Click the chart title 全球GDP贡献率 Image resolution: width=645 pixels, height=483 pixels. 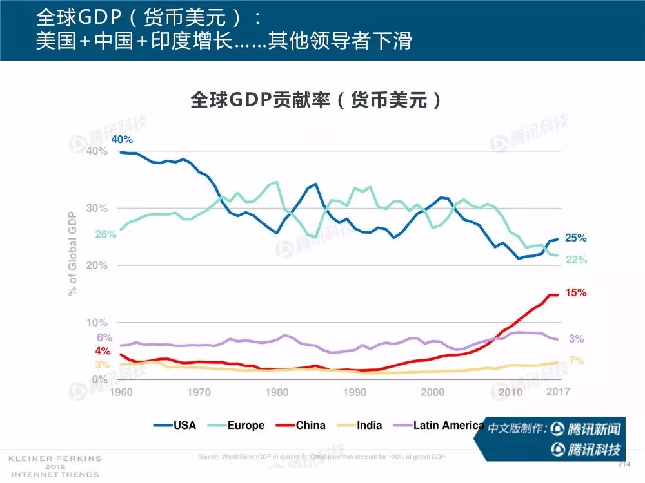317,100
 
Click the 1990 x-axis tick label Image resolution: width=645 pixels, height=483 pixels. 355,392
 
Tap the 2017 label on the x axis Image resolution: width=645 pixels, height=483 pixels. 559,392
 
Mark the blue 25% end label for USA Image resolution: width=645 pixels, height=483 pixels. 575,238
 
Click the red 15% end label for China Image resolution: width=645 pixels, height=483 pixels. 575,293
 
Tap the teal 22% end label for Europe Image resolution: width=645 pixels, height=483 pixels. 576,260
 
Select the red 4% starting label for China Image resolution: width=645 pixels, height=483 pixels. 103,352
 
